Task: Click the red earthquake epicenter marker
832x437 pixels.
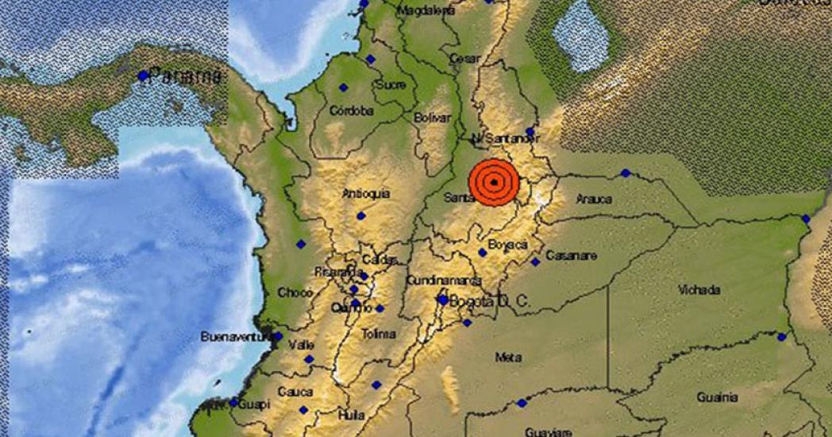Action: pyautogui.click(x=494, y=183)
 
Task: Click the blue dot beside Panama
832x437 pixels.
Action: pyautogui.click(x=143, y=76)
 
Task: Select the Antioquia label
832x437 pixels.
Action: pyautogui.click(x=365, y=194)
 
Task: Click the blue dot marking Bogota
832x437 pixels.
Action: pyautogui.click(x=442, y=300)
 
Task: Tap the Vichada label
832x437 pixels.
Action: pyautogui.click(x=699, y=290)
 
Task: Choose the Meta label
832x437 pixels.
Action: pyautogui.click(x=508, y=358)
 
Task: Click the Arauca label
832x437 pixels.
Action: pyautogui.click(x=594, y=199)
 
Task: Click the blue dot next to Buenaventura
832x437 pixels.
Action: pyautogui.click(x=278, y=337)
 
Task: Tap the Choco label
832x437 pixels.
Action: pyautogui.click(x=295, y=293)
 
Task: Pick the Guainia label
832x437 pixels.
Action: pyautogui.click(x=718, y=397)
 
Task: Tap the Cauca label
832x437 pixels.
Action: pyautogui.click(x=295, y=392)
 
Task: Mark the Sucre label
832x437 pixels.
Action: pyautogui.click(x=391, y=84)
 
